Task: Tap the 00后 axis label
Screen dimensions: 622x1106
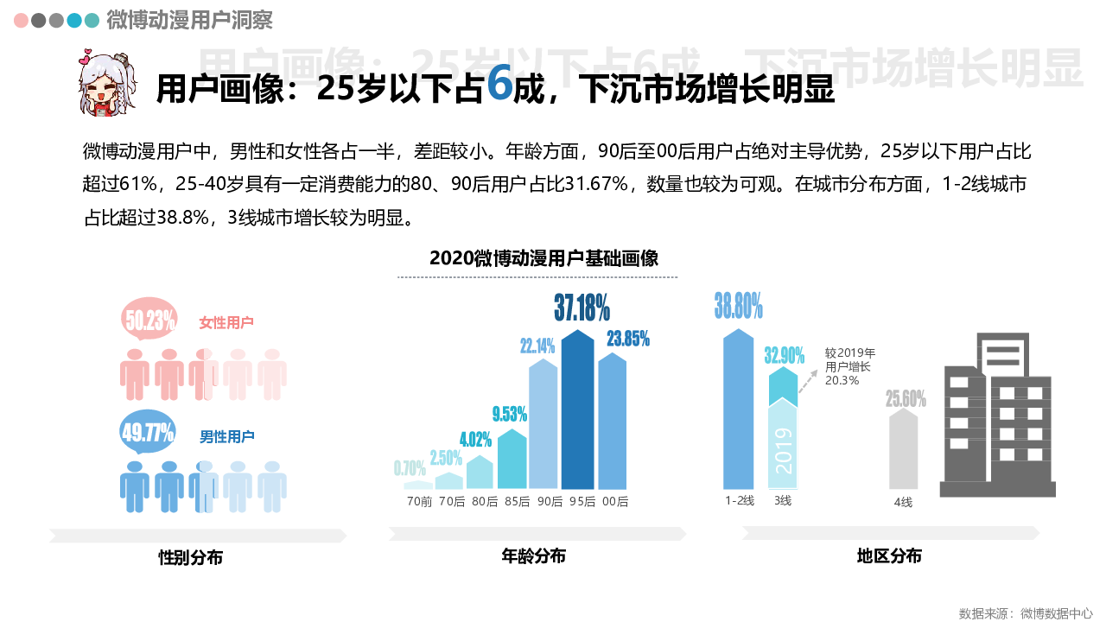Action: point(615,501)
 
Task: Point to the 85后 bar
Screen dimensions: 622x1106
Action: point(512,460)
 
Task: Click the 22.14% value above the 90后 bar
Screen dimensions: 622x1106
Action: point(537,346)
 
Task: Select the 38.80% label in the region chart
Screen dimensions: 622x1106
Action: point(738,305)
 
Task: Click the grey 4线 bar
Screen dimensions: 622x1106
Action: point(903,449)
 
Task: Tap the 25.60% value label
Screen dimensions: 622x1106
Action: point(906,399)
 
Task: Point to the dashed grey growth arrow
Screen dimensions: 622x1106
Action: point(807,380)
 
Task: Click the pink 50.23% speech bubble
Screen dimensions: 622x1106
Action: point(149,321)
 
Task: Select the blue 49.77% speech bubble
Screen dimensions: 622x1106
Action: point(148,432)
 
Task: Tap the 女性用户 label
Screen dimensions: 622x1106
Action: point(226,322)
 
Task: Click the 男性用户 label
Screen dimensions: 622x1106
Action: point(227,436)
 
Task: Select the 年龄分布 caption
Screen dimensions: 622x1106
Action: point(533,556)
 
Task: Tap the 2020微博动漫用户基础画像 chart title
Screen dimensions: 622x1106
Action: point(543,258)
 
